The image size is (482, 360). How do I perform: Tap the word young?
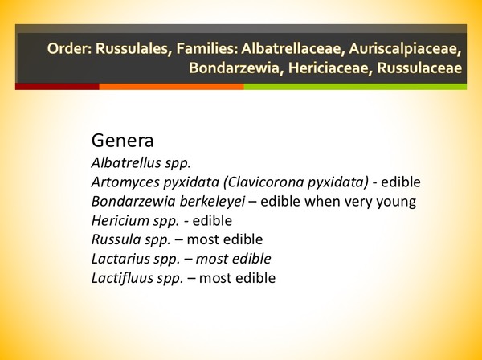pyautogui.click(x=396, y=201)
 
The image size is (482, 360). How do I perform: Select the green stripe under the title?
pyautogui.click(x=362, y=86)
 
